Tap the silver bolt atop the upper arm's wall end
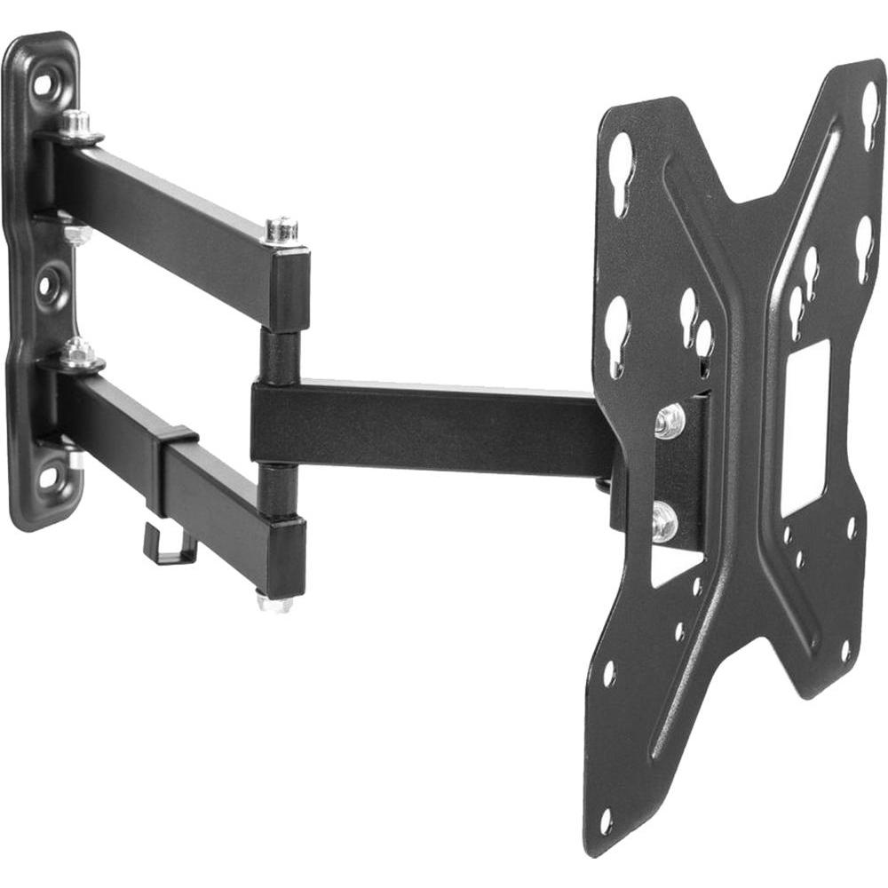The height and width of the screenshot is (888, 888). pos(76,123)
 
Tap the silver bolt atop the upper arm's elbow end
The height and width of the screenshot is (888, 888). pos(281,229)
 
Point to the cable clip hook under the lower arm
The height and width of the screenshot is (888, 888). pos(169,545)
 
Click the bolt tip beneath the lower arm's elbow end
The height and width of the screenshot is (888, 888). pos(274,603)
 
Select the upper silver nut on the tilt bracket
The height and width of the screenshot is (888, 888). pos(670,421)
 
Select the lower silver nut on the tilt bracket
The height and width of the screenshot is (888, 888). pos(664,523)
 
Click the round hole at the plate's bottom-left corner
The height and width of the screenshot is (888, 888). pos(606,822)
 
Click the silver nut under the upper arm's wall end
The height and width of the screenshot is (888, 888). pos(78,234)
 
